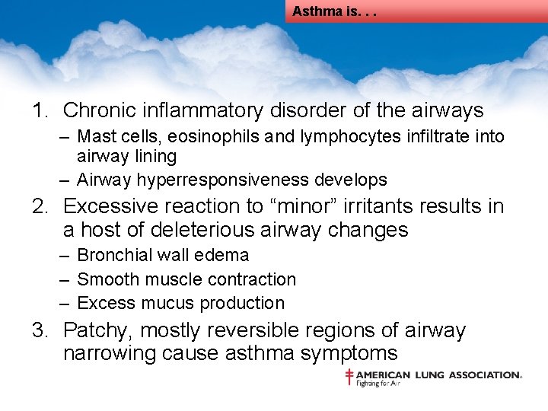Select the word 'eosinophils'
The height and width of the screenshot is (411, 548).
(199, 137)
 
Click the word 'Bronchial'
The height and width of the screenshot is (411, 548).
(114, 256)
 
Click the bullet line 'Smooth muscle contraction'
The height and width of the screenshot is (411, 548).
(186, 279)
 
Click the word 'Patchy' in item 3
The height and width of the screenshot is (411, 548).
(95, 331)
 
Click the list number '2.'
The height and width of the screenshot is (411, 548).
(42, 206)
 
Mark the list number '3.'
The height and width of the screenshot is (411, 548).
(42, 331)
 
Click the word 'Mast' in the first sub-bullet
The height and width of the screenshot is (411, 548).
(94, 137)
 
